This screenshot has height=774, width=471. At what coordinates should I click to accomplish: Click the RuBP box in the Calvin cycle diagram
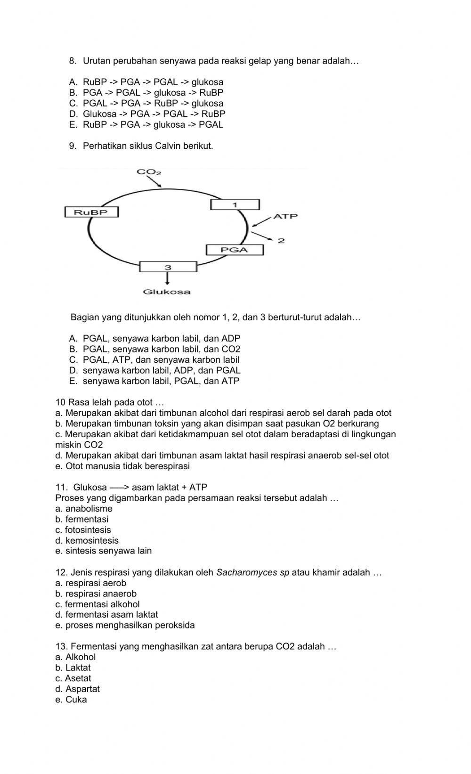click(91, 212)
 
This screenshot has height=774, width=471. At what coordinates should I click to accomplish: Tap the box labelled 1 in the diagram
click(235, 204)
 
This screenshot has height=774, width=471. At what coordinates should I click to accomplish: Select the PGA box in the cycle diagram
click(235, 250)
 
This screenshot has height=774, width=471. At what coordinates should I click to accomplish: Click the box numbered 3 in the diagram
click(168, 267)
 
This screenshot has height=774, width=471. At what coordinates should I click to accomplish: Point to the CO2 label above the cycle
click(149, 172)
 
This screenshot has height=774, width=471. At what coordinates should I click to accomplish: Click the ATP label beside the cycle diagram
click(285, 216)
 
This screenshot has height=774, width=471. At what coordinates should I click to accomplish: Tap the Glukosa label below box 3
click(167, 292)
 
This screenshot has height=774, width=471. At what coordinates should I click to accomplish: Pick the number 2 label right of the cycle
click(281, 241)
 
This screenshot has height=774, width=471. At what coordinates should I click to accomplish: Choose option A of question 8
click(146, 82)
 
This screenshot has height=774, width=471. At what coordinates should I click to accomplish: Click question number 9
click(73, 146)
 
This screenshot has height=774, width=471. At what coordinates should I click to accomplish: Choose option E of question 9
click(154, 381)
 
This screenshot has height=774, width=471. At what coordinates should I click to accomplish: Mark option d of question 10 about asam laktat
click(222, 456)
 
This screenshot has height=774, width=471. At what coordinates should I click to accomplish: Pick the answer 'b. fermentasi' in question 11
click(81, 519)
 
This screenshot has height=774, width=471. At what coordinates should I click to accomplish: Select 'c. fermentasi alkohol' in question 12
click(97, 604)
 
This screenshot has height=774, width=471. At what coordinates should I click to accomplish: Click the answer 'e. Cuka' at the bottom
click(71, 700)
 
